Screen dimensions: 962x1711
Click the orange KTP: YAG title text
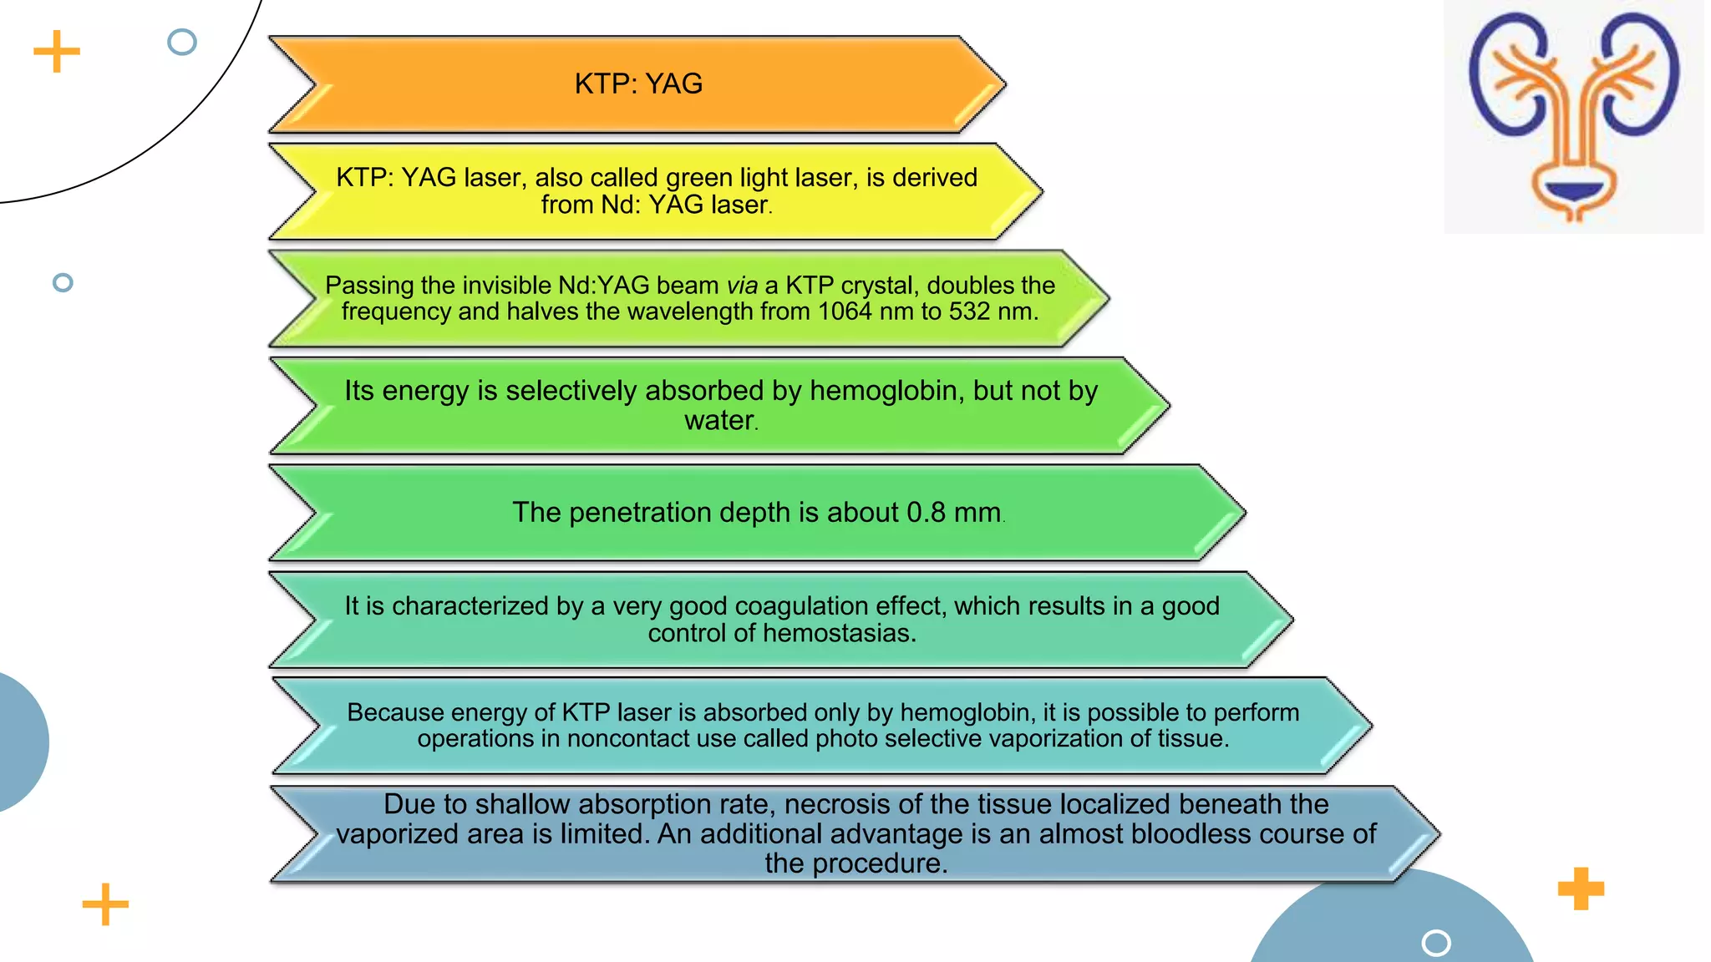(638, 84)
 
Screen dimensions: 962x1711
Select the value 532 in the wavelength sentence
(968, 311)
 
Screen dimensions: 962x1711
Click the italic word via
(742, 286)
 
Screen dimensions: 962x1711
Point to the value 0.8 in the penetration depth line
(926, 512)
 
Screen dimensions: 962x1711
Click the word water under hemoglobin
(719, 420)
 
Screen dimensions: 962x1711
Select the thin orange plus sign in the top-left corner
(57, 52)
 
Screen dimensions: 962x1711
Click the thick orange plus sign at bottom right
(1581, 889)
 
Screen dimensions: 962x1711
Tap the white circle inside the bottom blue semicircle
(1436, 943)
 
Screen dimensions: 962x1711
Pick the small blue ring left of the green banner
(63, 282)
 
